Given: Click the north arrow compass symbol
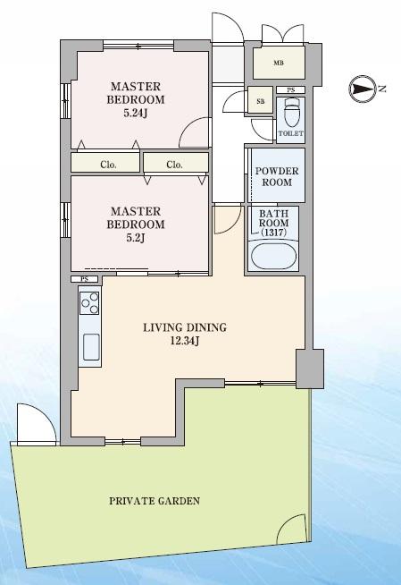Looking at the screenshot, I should (363, 88).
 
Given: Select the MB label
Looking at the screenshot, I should (279, 64).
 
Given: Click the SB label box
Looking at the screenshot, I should (261, 102).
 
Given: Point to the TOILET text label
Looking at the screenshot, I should (291, 133).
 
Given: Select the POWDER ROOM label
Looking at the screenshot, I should (275, 176).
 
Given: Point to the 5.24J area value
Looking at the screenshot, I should (136, 114).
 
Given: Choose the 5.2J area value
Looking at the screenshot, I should (136, 238).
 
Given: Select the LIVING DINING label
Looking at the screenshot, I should (184, 328).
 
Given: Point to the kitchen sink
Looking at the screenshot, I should (91, 345).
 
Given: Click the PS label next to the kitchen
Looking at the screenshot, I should (84, 279).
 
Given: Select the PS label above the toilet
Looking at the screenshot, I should (290, 90).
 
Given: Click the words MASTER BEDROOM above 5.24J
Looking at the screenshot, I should (136, 93).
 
